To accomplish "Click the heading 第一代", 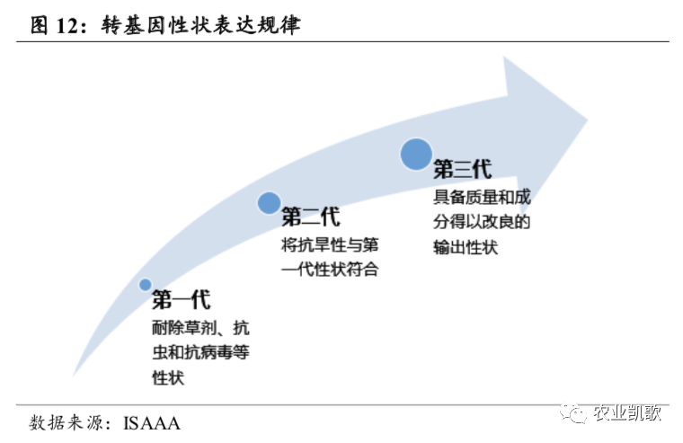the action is [x=182, y=300].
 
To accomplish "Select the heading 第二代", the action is [x=311, y=217].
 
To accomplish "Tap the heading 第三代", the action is [x=463, y=169].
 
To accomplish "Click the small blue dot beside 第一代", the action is [x=145, y=285].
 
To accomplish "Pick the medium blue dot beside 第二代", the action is [x=269, y=203].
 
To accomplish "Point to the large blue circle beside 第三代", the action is [x=416, y=155].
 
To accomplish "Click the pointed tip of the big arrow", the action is [x=588, y=120].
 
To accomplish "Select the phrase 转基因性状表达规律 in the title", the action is [x=200, y=25].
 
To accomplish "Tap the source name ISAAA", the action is [x=152, y=423].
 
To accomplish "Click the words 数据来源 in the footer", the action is [x=67, y=423].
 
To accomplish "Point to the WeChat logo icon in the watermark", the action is [x=573, y=412].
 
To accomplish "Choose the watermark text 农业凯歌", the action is [x=627, y=412].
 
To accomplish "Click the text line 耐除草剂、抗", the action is [x=200, y=328].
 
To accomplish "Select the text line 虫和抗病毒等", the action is [x=200, y=352].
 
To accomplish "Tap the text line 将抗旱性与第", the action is [x=330, y=244].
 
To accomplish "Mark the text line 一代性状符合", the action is [x=330, y=270].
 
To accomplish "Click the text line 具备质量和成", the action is [x=482, y=198].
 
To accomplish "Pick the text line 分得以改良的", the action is [x=482, y=222].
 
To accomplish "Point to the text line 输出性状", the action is [x=466, y=247].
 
